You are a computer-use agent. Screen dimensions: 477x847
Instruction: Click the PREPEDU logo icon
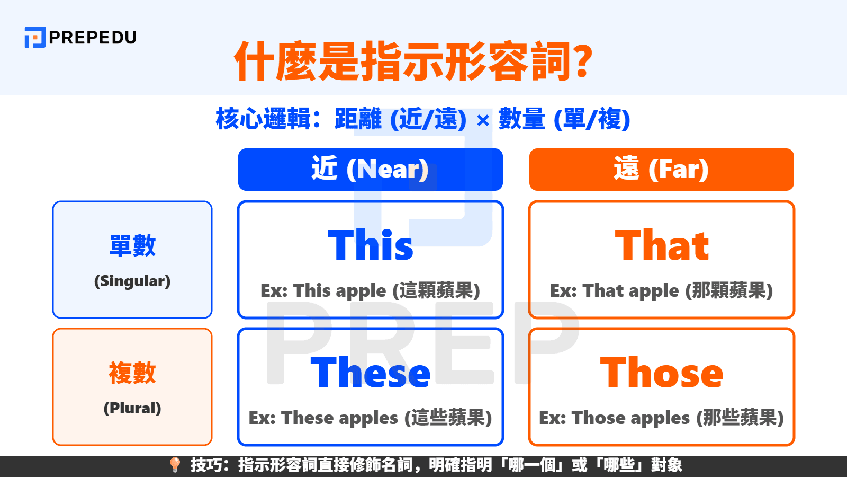pyautogui.click(x=35, y=38)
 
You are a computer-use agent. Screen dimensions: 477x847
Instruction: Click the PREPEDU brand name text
pyautogui.click(x=93, y=38)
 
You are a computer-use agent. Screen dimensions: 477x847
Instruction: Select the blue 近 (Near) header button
pyautogui.click(x=370, y=170)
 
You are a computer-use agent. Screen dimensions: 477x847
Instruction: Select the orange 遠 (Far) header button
pyautogui.click(x=661, y=170)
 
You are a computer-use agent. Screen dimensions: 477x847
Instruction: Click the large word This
pyautogui.click(x=371, y=245)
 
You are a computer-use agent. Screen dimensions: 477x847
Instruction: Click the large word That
pyautogui.click(x=662, y=245)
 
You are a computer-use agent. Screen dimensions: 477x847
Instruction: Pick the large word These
pyautogui.click(x=371, y=373)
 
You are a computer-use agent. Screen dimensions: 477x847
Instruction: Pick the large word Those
pyautogui.click(x=662, y=373)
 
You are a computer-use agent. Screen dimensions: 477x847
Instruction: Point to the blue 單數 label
pyautogui.click(x=132, y=245)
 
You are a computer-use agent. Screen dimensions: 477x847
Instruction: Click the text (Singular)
pyautogui.click(x=132, y=281)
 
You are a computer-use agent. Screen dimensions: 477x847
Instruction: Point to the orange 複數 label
pyautogui.click(x=132, y=373)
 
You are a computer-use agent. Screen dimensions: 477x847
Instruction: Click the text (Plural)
pyautogui.click(x=132, y=408)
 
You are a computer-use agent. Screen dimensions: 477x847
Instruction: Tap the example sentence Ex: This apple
pyautogui.click(x=370, y=290)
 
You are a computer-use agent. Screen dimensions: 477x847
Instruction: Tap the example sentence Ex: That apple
pyautogui.click(x=661, y=290)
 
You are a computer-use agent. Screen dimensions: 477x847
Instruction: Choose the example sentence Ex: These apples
pyautogui.click(x=370, y=418)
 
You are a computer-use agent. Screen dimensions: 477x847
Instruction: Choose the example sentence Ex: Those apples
pyautogui.click(x=661, y=418)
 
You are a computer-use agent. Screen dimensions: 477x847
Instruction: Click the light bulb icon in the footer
pyautogui.click(x=175, y=465)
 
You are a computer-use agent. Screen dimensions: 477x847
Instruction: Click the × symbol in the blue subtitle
pyautogui.click(x=482, y=121)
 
